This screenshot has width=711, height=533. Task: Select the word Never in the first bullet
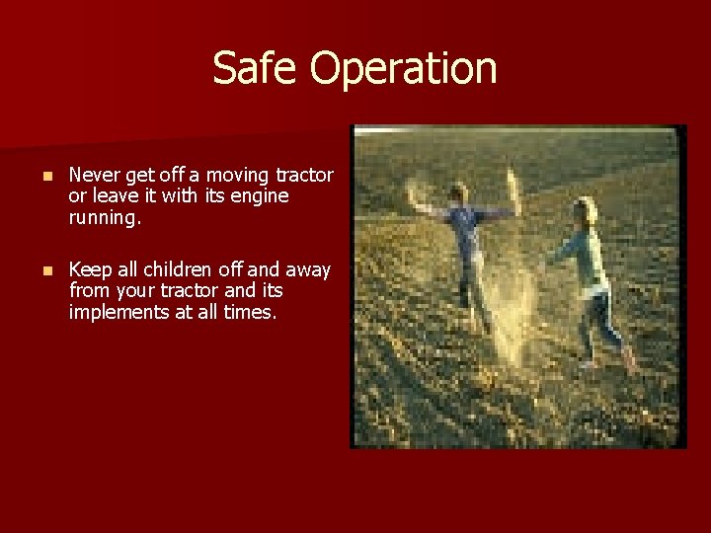coord(94,175)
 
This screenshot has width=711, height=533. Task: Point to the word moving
coord(237,175)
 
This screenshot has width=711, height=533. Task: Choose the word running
coord(105,218)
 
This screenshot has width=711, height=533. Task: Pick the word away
coord(309,269)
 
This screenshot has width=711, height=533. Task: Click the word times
coord(250,312)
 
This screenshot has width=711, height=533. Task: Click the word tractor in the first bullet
coord(304,175)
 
